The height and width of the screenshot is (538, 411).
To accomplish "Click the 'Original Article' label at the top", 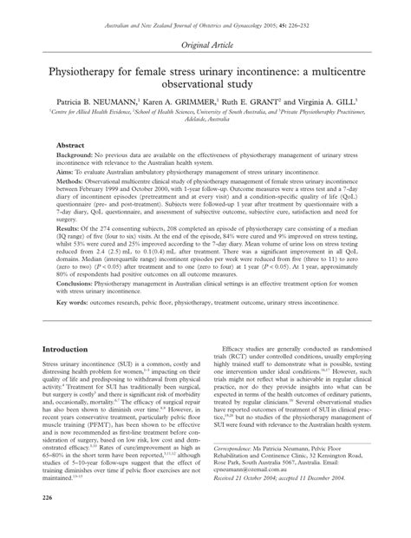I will point(205,43).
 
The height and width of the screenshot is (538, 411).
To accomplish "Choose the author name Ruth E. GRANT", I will point(261,102).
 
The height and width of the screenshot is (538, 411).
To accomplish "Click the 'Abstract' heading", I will point(70,146).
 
